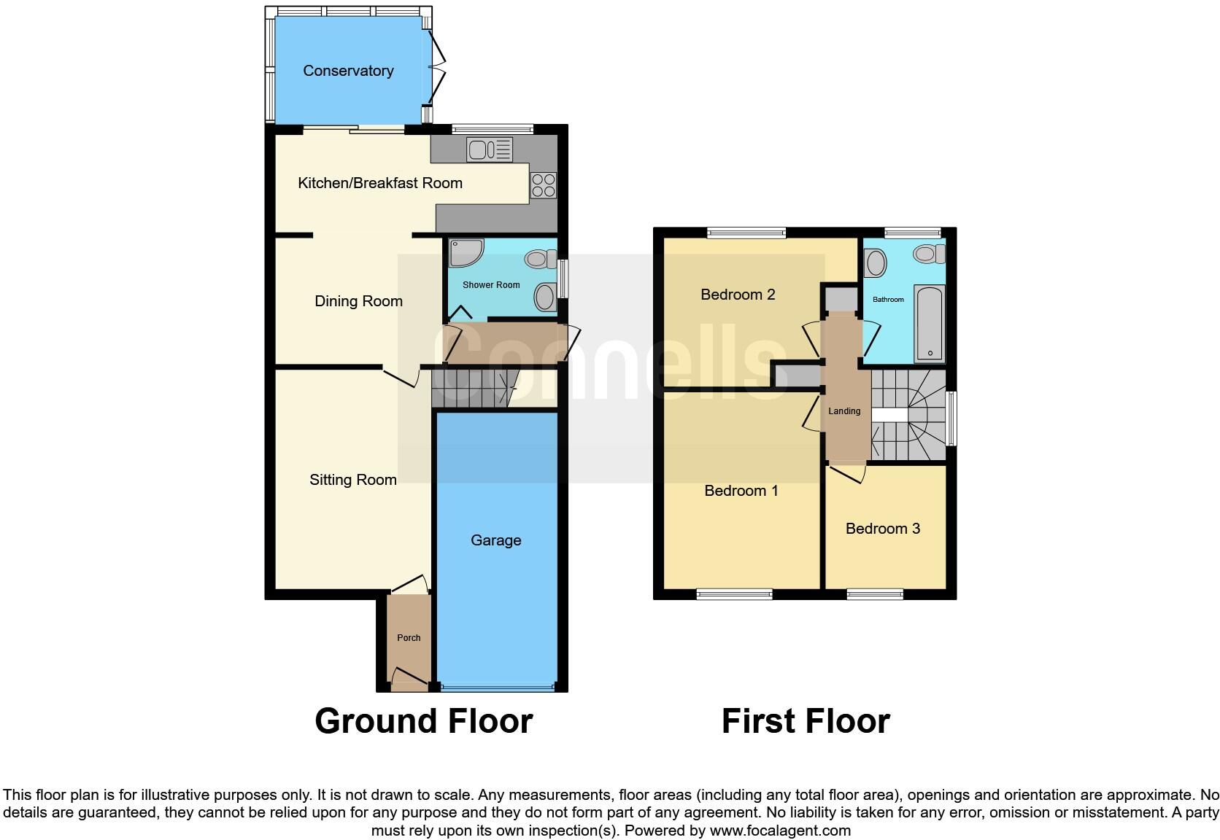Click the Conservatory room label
tap(348, 71)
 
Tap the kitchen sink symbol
tap(490, 150)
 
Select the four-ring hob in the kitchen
tap(544, 185)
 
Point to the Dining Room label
tap(358, 301)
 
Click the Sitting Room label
tap(352, 480)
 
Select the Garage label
tap(495, 540)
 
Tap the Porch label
tap(409, 638)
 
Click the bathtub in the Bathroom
tap(930, 324)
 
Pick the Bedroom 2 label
tap(738, 295)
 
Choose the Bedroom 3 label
tap(882, 529)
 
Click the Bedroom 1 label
tap(741, 491)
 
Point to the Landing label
tap(844, 411)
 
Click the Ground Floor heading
tap(423, 721)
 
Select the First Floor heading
tap(806, 721)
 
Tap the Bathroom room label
tap(888, 300)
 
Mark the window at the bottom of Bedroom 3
tap(875, 595)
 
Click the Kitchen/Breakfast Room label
tap(379, 183)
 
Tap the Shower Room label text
tap(491, 285)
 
